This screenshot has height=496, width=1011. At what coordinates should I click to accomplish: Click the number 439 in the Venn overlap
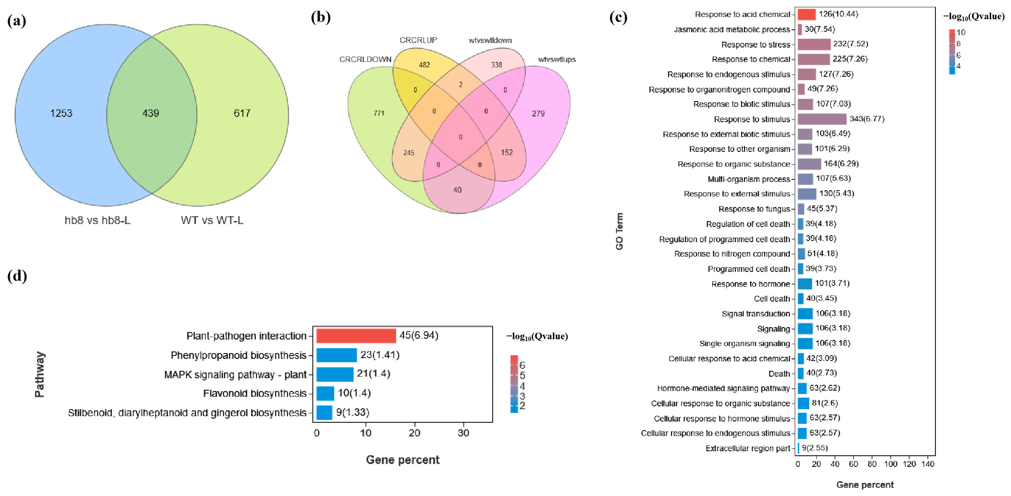pyautogui.click(x=151, y=113)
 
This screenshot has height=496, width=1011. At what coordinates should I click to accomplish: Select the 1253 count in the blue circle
pyautogui.click(x=61, y=113)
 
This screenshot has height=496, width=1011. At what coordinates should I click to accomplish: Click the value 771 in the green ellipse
pyautogui.click(x=379, y=113)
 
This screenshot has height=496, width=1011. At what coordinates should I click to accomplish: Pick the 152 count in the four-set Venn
pyautogui.click(x=507, y=152)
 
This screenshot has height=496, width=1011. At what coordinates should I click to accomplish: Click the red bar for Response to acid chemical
pyautogui.click(x=807, y=14)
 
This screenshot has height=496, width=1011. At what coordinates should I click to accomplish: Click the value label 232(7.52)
pyautogui.click(x=851, y=44)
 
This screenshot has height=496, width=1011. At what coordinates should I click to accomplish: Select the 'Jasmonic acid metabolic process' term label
pyautogui.click(x=732, y=29)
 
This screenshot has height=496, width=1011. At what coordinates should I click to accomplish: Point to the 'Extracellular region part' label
pyautogui.click(x=747, y=448)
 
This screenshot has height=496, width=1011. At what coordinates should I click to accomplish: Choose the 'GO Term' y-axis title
pyautogui.click(x=619, y=231)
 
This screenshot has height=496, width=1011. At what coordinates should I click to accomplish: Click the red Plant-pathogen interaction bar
pyautogui.click(x=356, y=336)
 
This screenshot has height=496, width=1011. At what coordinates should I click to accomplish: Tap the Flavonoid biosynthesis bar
pyautogui.click(x=325, y=393)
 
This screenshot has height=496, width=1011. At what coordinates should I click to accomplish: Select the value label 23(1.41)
pyautogui.click(x=380, y=355)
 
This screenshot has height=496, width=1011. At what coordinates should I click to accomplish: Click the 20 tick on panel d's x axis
pyautogui.click(x=414, y=433)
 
